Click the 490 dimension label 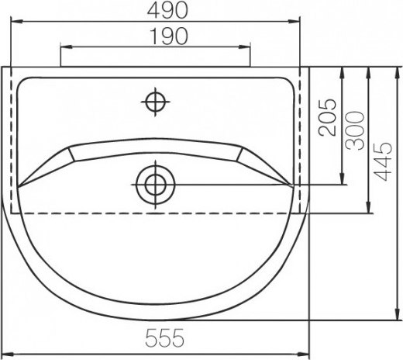coord(167,11)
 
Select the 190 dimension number coord(168,36)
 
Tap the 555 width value coord(165,337)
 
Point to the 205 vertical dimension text coord(328,117)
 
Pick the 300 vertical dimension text coord(355,130)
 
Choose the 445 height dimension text coord(384,161)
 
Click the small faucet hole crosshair coord(155,102)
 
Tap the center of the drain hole coord(155,185)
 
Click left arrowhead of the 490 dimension coord(16,22)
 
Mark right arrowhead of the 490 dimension coord(294,22)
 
